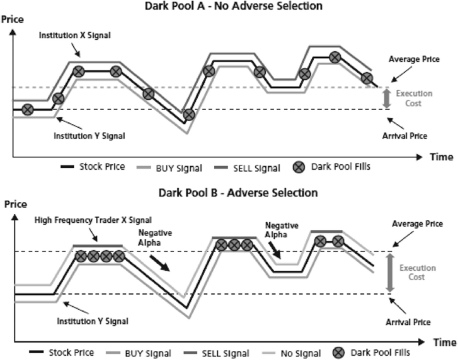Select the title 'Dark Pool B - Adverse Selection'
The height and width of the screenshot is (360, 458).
click(238, 193)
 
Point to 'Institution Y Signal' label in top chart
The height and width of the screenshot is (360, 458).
click(89, 136)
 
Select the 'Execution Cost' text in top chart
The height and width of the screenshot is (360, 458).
click(414, 98)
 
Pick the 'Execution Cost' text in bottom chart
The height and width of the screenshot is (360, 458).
click(417, 272)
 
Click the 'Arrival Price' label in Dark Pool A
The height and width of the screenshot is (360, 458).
click(405, 136)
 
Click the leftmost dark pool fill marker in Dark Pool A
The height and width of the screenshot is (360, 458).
click(28, 109)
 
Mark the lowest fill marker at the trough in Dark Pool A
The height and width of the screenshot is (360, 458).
click(189, 114)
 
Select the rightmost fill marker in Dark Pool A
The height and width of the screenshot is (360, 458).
click(367, 78)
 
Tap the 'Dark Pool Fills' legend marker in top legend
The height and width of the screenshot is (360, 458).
click(299, 168)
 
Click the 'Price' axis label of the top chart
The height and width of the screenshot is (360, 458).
click(13, 19)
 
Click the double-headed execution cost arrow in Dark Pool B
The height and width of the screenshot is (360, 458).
click(390, 272)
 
